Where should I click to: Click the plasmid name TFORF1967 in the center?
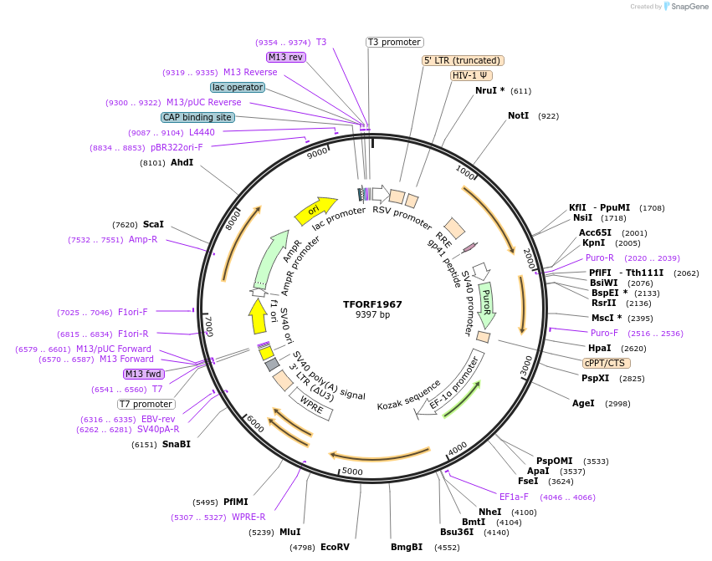[x=372, y=303]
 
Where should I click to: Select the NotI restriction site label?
[x=519, y=115]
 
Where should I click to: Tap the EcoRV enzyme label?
[x=335, y=547]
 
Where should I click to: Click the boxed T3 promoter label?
[x=395, y=42]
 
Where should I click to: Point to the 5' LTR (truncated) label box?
[x=462, y=60]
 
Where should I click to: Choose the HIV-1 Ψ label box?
[x=470, y=75]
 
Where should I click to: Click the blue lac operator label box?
[x=238, y=87]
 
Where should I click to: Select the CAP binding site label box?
[x=197, y=118]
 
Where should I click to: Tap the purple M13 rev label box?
[x=285, y=57]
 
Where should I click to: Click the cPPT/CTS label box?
[x=607, y=363]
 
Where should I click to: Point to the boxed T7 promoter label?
[x=146, y=404]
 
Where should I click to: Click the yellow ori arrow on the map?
[x=315, y=210]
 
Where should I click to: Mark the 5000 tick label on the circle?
[x=352, y=472]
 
